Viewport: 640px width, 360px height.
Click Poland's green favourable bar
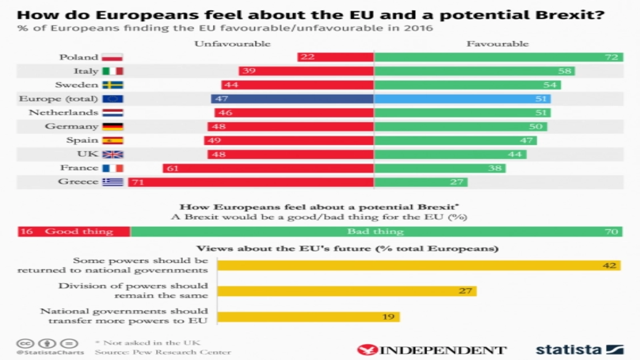tap(498, 57)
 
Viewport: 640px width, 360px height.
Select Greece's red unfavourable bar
tap(251, 182)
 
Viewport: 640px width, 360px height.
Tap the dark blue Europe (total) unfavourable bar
tap(292, 99)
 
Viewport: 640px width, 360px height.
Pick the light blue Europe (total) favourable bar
tap(462, 99)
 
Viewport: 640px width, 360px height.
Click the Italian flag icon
tap(113, 71)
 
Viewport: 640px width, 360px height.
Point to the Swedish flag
tap(113, 85)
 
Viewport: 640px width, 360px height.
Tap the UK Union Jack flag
tap(113, 154)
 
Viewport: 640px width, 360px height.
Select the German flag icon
tap(113, 126)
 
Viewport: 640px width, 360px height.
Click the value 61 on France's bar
tap(173, 168)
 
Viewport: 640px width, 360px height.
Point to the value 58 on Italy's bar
tap(564, 71)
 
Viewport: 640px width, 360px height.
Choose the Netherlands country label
tap(63, 112)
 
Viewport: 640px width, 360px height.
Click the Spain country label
tap(82, 140)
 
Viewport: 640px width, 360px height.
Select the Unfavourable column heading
tap(232, 44)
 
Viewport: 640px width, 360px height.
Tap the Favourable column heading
tap(497, 44)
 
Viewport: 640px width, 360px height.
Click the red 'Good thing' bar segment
tap(74, 232)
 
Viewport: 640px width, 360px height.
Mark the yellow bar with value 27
tap(346, 291)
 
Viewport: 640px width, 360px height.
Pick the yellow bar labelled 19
tap(308, 317)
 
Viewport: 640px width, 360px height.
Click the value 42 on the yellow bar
tap(609, 266)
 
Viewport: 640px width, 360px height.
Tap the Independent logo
tap(432, 350)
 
